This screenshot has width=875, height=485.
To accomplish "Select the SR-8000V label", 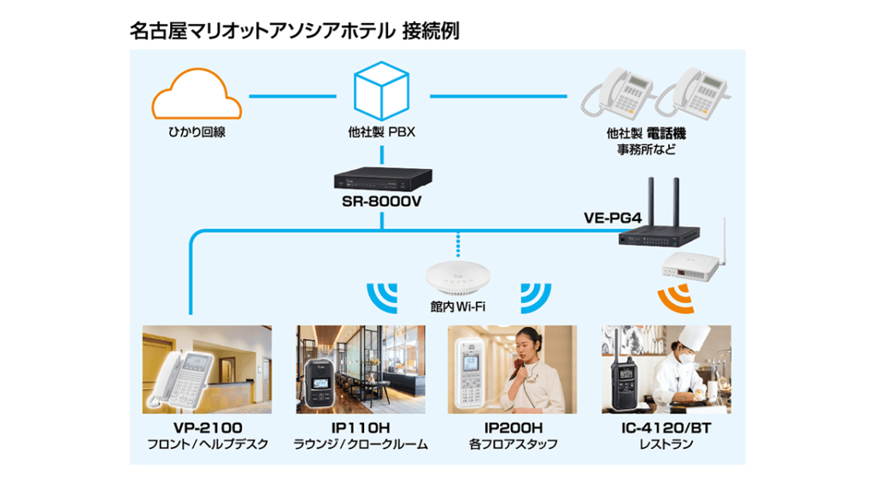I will (380, 202).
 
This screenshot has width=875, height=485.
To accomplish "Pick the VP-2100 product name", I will (207, 428).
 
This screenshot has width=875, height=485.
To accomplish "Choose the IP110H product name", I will (360, 428).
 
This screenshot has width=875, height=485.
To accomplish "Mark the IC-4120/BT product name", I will (666, 428).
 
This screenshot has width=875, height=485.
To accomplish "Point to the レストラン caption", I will (666, 445).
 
